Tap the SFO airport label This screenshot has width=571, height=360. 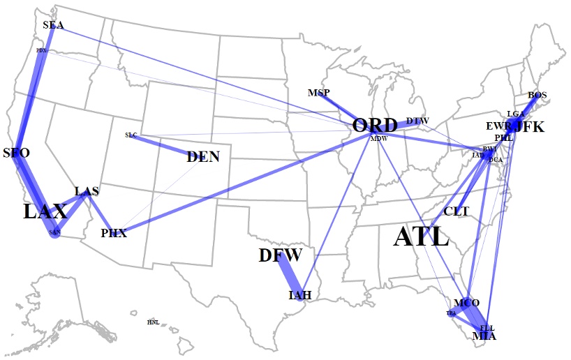tap(16, 153)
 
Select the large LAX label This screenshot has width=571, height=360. tap(45, 211)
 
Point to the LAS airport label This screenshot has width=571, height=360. tap(87, 191)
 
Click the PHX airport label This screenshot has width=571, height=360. tap(114, 233)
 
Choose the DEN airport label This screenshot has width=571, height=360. tap(203, 157)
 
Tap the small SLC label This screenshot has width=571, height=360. tap(131, 135)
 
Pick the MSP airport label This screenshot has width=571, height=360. tap(318, 93)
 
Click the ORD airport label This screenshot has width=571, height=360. tap(375, 126)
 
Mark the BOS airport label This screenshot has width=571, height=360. tap(537, 95)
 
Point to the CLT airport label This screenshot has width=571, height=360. tap(457, 211)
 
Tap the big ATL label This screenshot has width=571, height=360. tap(421, 237)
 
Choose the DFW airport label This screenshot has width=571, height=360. tap(280, 255)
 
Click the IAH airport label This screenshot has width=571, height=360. tap(299, 295)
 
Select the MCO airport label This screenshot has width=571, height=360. tap(466, 303)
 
